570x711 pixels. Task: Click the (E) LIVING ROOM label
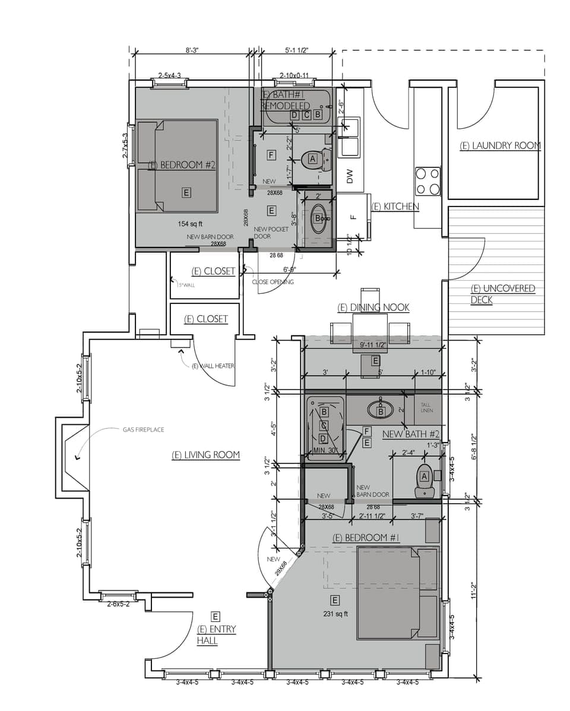205,455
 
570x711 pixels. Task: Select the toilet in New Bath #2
424,480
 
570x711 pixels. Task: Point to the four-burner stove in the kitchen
427,181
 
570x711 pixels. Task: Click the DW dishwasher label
350,176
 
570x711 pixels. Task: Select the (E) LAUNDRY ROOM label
500,145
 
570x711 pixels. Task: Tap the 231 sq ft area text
335,614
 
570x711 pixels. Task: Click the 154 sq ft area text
190,224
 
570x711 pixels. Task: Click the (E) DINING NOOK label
373,307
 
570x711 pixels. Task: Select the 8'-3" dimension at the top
191,50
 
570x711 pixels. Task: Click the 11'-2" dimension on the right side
473,591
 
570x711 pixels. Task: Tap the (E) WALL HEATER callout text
213,366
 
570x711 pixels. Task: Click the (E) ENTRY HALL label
216,635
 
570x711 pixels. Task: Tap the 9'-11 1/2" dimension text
373,345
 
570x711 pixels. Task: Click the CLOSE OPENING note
273,282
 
